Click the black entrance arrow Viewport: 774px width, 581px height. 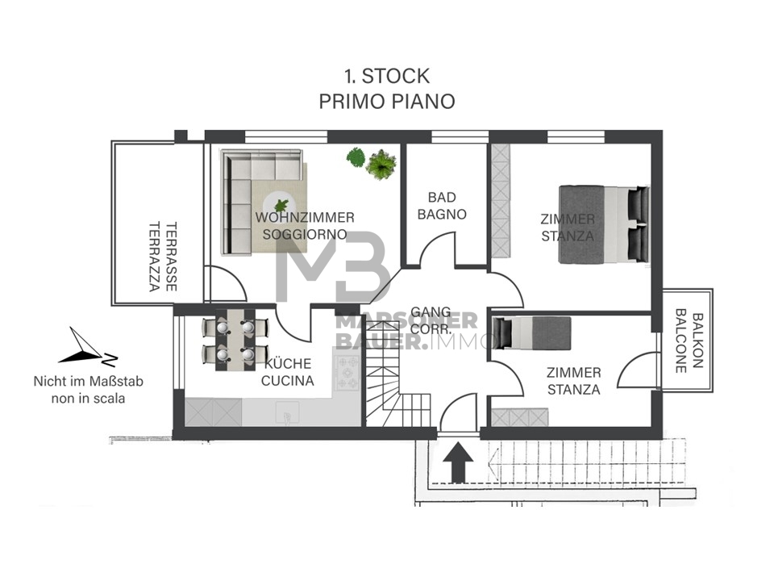click(x=458, y=462)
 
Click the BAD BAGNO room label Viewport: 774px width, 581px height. click(x=442, y=206)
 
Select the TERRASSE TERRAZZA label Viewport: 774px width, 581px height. click(x=164, y=257)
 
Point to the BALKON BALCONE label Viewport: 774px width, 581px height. click(x=688, y=341)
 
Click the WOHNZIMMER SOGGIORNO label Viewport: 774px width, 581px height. click(x=305, y=225)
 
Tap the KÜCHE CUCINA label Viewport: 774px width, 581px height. click(x=288, y=372)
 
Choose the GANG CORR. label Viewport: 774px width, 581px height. click(x=431, y=320)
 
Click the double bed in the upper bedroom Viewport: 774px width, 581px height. click(x=604, y=225)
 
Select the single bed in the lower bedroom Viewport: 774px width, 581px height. click(x=532, y=333)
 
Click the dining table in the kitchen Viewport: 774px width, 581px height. click(x=235, y=340)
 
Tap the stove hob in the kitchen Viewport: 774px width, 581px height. click(x=347, y=371)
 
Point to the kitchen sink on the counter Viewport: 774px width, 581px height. click(x=288, y=412)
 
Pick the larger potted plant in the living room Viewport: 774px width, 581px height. click(x=381, y=165)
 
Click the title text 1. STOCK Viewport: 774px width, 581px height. click(x=387, y=76)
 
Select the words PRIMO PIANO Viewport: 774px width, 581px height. click(x=387, y=102)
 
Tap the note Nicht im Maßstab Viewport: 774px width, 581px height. click(x=89, y=382)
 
